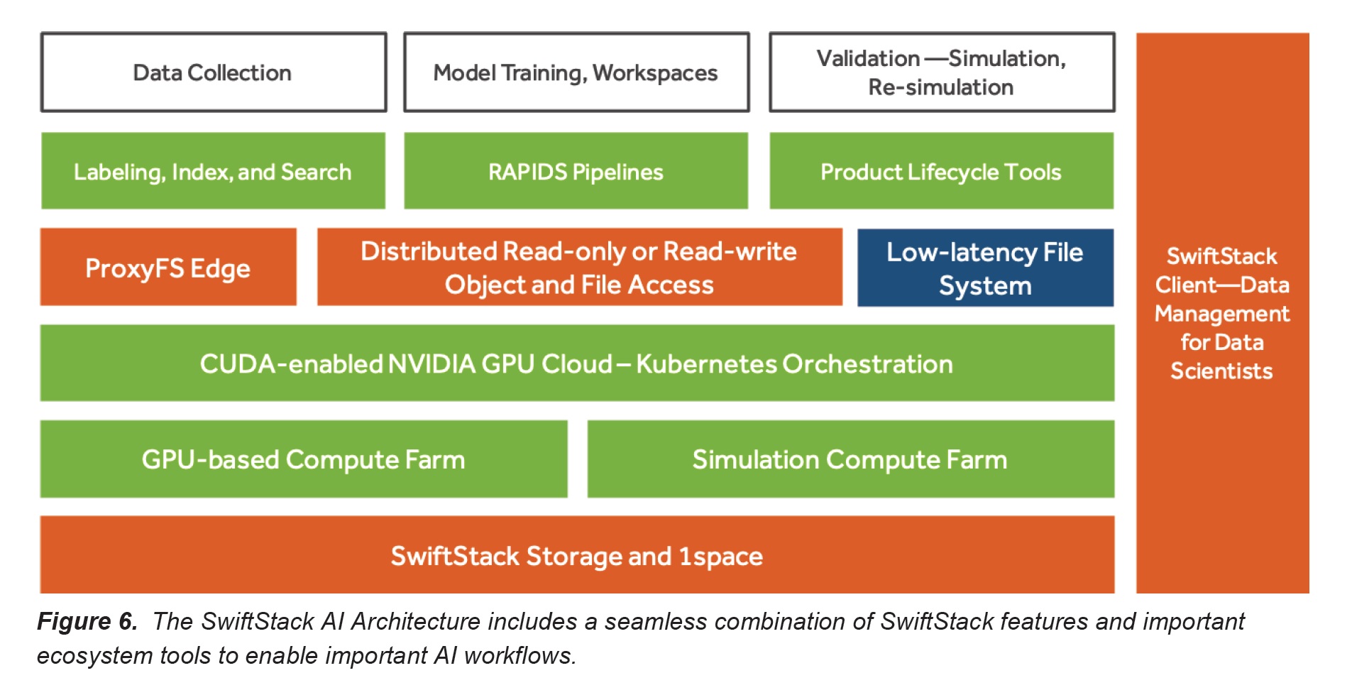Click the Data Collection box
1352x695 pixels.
(213, 72)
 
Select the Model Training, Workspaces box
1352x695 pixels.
(576, 72)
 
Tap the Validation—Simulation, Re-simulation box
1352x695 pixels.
(941, 72)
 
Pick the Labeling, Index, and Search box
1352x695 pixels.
(213, 171)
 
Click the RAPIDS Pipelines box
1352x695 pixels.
(576, 171)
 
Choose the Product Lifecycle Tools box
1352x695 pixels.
(941, 171)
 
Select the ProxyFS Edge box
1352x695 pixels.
(168, 268)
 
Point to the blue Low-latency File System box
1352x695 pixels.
(985, 268)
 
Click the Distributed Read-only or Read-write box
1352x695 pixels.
(579, 268)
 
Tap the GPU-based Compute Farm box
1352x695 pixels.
(304, 459)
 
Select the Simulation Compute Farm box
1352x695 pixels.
(850, 459)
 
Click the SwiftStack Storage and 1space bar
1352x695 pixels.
(576, 556)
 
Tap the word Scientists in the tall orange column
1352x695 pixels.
(1221, 371)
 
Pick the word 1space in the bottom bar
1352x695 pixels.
(720, 557)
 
